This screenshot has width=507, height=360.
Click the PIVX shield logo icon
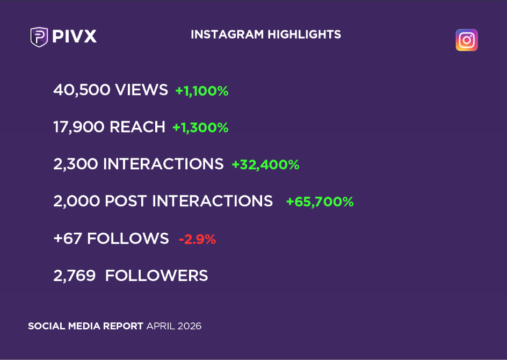click(39, 37)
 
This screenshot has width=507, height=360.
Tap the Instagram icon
click(466, 40)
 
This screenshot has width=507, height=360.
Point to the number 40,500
click(80, 90)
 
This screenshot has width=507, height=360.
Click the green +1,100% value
click(202, 91)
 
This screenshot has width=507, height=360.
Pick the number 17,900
click(79, 127)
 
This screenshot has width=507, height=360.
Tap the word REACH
click(137, 127)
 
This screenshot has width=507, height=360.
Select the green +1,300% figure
click(200, 128)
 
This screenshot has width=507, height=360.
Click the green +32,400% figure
click(265, 165)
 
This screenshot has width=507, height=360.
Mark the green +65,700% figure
click(320, 202)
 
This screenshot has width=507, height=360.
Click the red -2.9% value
click(197, 240)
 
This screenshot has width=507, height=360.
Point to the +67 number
click(68, 239)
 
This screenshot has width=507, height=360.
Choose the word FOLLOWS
click(128, 239)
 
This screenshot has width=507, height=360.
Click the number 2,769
click(75, 276)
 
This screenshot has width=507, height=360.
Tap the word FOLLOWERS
click(156, 276)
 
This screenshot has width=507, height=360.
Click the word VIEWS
click(141, 90)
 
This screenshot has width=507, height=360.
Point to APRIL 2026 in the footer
click(174, 326)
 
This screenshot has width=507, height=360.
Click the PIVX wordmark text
click(75, 37)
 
